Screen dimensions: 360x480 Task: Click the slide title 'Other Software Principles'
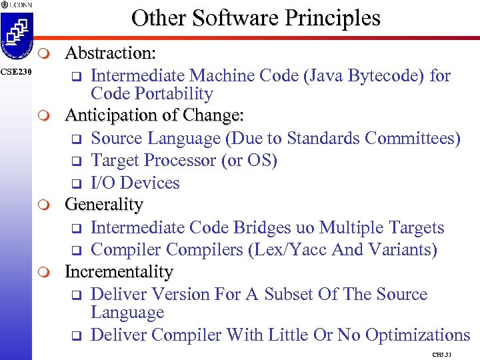[x=256, y=17]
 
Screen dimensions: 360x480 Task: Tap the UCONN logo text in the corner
[x=16, y=5]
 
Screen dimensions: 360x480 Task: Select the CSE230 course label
[x=15, y=72]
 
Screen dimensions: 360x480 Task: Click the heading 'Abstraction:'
[x=111, y=53]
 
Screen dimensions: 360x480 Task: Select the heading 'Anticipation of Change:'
[x=154, y=115]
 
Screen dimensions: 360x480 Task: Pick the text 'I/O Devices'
[x=135, y=183]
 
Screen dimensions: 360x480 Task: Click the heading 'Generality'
[x=104, y=205]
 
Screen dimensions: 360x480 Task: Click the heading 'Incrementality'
[x=119, y=272]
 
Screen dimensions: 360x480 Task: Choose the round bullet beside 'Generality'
[x=43, y=205]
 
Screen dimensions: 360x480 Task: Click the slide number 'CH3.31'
[x=442, y=354]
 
